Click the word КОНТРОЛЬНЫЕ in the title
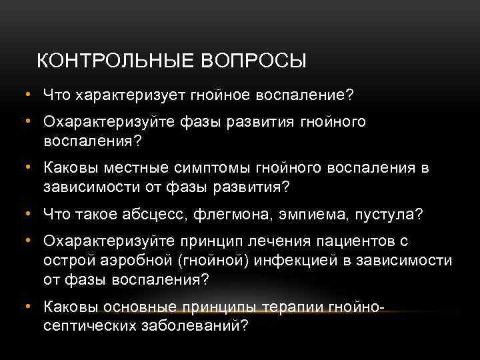[114, 61]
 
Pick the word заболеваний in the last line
[188, 325]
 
